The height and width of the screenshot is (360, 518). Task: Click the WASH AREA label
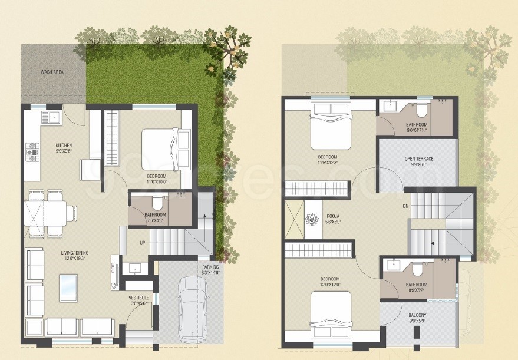coord(52,72)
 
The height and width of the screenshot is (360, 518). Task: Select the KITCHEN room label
coord(64,145)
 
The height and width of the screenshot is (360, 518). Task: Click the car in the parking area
coord(192,309)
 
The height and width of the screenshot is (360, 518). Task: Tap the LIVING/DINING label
coord(76,255)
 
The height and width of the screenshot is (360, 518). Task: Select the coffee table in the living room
coord(68,288)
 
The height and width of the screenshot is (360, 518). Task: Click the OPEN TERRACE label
coord(419,159)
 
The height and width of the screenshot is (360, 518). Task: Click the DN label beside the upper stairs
coord(405,206)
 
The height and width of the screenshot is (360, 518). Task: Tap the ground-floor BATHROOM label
coord(155,215)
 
